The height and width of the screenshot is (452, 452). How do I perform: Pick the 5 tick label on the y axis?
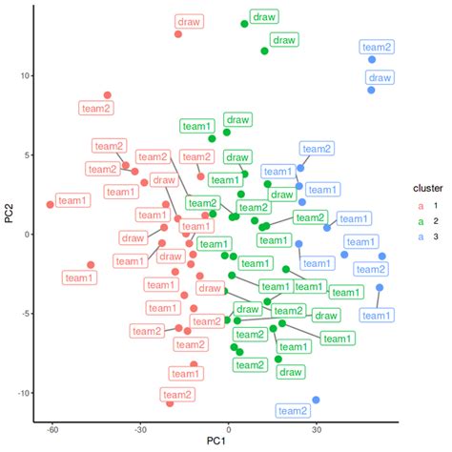click(27, 155)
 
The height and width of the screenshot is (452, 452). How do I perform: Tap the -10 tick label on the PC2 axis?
click(22, 393)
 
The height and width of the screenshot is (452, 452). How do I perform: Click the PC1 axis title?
click(228, 445)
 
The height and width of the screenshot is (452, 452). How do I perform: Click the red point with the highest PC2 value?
click(178, 34)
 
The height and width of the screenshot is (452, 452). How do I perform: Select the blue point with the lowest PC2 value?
click(316, 401)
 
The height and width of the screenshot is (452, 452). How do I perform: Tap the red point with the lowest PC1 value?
click(51, 204)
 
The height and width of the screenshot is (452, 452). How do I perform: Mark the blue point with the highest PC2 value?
click(372, 60)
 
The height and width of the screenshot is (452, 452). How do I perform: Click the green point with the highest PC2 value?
click(244, 24)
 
